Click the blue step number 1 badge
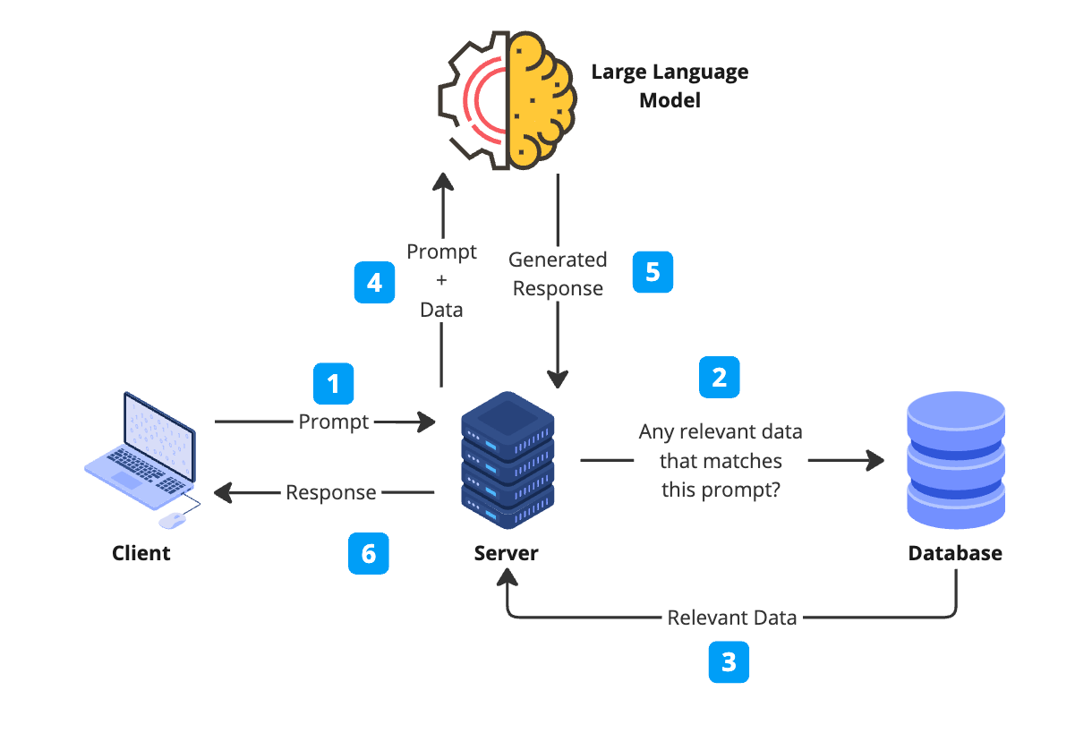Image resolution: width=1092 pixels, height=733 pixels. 333,384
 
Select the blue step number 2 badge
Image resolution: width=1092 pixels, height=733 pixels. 719,378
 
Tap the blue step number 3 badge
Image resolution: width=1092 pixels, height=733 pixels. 729,662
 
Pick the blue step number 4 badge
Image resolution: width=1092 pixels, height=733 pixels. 374,283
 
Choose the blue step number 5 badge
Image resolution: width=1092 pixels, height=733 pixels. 653,272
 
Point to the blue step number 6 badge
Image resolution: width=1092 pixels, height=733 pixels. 368,554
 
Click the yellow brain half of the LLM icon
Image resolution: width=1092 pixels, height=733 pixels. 541,98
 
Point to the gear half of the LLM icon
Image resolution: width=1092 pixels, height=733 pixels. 473,98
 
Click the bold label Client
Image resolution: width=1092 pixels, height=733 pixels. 141,553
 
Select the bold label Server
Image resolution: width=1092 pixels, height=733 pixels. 506,553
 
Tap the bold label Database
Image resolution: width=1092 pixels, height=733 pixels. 955,553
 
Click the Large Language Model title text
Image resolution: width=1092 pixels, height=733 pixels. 670,85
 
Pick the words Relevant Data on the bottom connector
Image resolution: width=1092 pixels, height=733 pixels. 732,618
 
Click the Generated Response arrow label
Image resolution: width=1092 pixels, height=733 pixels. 558,274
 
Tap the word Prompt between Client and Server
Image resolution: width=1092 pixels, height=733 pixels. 334,422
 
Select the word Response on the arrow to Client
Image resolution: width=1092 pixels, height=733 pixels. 331,492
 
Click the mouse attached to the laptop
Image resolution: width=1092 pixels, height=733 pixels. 171,521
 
